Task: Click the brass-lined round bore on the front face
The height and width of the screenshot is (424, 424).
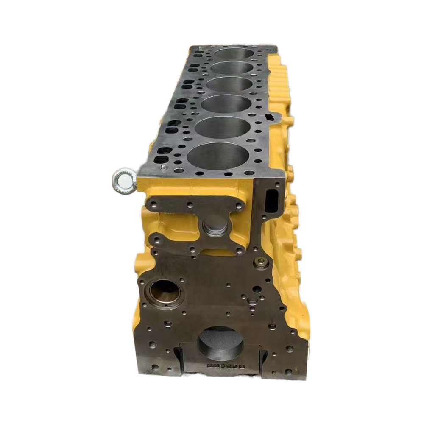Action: [164, 291]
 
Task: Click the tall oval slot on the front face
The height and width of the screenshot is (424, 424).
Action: [272, 199]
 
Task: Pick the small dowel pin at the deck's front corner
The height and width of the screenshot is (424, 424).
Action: [162, 168]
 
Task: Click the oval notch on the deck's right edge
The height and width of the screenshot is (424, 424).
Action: [270, 116]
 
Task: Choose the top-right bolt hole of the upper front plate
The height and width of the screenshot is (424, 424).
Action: [239, 206]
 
